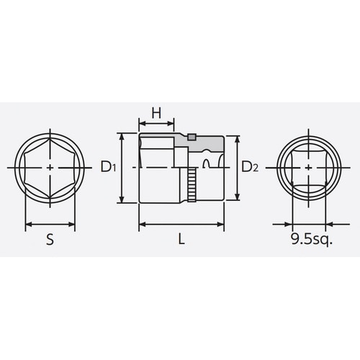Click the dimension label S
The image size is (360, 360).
tap(49, 240)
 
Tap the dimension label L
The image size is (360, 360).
tap(181, 240)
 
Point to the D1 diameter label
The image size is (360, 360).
tap(109, 168)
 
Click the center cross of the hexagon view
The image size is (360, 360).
tap(49, 167)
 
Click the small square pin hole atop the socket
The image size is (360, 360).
tap(192, 137)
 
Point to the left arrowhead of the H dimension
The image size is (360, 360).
tap(141, 124)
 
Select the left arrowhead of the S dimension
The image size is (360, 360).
tap(27, 224)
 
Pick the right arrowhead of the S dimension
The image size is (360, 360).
tap(71, 224)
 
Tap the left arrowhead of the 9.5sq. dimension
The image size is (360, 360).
tap(296, 224)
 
